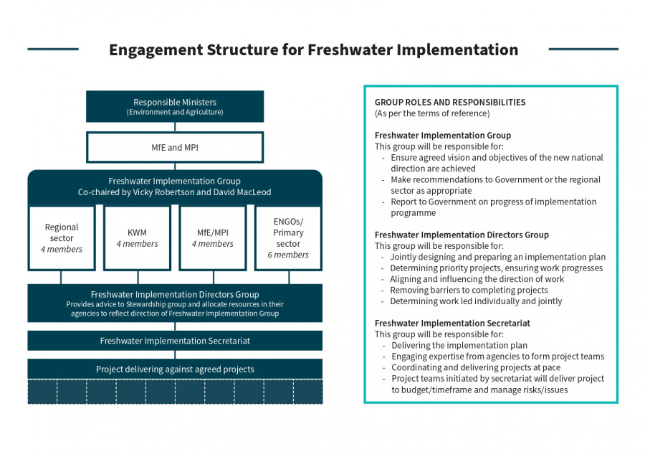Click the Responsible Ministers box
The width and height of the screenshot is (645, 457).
pos(175,106)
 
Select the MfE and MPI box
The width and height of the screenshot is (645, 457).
pos(175,147)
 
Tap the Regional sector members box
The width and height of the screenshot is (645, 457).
pos(62,238)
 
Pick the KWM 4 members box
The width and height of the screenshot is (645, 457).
pos(138,238)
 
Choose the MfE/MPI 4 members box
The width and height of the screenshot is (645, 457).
pos(213,238)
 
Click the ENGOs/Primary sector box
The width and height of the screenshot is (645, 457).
pos(288,238)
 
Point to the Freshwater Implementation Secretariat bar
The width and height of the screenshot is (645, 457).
pos(175,341)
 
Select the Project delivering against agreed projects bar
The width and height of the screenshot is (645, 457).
pos(175,369)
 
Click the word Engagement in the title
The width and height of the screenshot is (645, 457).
pos(156,50)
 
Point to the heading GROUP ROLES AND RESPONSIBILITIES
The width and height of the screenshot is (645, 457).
pos(450,102)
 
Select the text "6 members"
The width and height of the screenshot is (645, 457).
pos(288,255)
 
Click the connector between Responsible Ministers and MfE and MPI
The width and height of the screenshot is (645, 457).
pos(175,127)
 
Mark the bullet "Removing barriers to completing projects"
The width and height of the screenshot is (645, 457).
pos(469,291)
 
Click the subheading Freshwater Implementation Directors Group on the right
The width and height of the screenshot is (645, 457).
pos(462,235)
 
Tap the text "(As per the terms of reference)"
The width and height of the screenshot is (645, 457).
pos(432,113)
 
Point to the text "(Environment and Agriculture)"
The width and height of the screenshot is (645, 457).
pos(175,112)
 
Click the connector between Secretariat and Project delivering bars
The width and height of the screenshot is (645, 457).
pos(175,354)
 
